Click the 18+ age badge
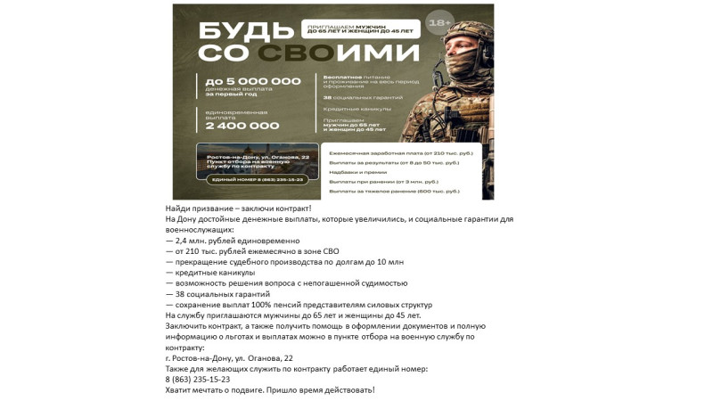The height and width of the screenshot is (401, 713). coord(439,22)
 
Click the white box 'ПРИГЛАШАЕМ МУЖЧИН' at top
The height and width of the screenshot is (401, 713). coord(360,29)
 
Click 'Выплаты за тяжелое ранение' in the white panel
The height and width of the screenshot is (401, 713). coord(394,191)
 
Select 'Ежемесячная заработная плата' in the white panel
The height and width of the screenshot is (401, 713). coord(400,153)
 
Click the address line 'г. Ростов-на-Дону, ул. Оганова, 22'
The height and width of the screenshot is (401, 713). coord(229,358)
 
